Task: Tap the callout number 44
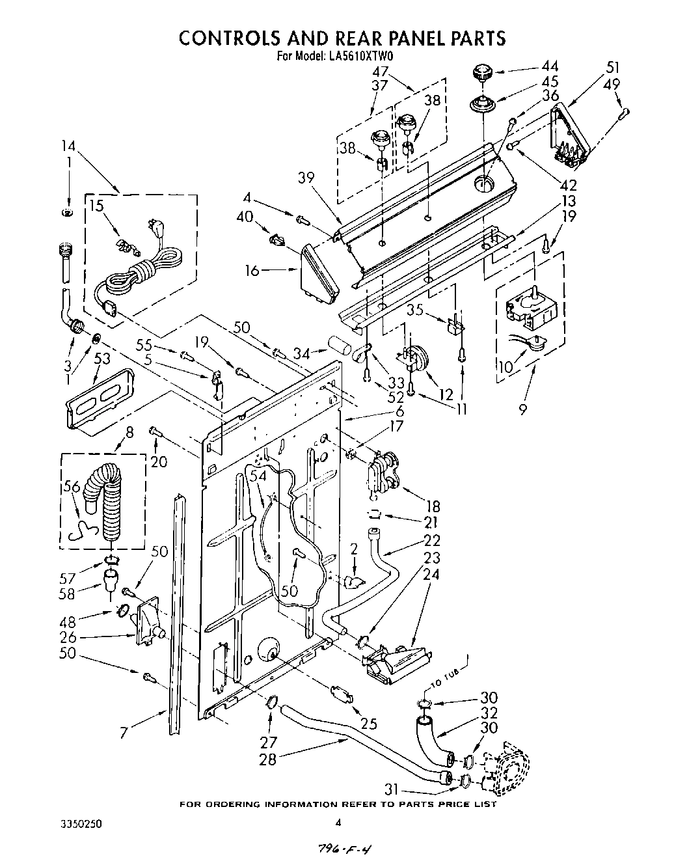(550, 66)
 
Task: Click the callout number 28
(268, 759)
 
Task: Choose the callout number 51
(612, 67)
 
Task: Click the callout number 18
(431, 506)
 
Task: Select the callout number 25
(368, 724)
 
